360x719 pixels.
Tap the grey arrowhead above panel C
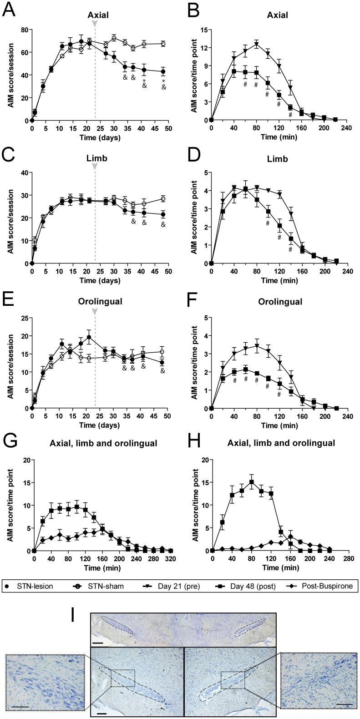pos(95,167)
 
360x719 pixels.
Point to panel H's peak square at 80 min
pos(251,482)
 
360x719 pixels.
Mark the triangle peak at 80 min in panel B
pos(256,44)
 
